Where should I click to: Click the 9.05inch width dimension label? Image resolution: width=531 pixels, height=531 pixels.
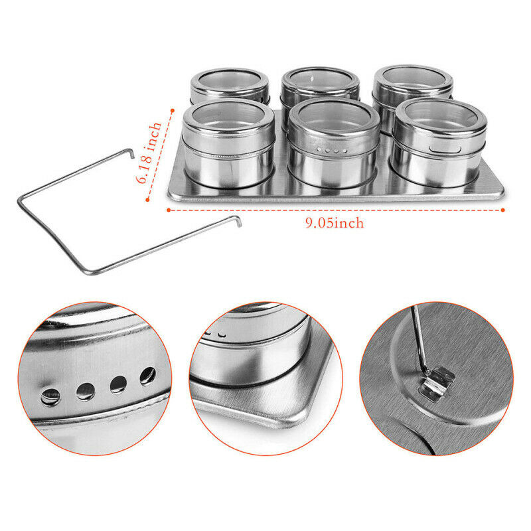335,223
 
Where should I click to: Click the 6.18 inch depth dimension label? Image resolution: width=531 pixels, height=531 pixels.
149,153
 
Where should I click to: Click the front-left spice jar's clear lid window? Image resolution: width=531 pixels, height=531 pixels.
228,115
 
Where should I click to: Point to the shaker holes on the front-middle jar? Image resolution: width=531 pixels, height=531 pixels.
332,150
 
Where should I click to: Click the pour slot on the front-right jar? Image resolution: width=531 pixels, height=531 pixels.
445,149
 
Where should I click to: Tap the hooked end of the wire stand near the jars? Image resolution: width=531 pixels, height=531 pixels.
130,153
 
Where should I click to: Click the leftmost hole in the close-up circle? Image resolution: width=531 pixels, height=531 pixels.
50,396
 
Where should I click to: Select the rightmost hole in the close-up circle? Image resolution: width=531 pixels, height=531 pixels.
148,376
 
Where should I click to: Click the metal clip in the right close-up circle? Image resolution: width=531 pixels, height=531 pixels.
436,384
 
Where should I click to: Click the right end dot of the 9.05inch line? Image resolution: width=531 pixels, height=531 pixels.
503,210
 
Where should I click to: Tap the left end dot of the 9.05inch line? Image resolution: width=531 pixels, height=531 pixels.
169,210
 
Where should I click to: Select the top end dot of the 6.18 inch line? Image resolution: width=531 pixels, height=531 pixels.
173,110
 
